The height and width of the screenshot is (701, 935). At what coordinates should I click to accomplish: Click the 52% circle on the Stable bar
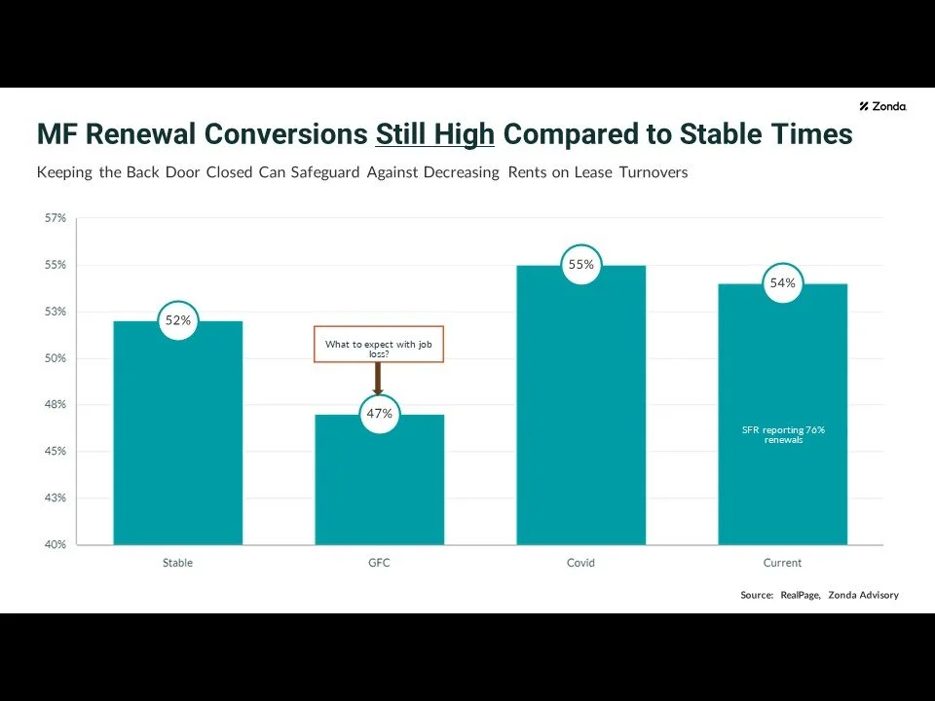point(177,320)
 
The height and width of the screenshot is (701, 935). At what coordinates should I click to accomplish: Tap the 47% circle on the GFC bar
point(379,414)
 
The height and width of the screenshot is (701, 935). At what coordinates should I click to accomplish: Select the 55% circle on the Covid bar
point(581,265)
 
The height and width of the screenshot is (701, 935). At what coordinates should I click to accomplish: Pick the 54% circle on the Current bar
point(782,283)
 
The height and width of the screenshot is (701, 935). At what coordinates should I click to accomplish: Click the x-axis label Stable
point(177,563)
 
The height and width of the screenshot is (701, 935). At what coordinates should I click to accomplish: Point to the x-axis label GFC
point(379,563)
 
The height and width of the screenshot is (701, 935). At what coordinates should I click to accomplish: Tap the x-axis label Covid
point(580,563)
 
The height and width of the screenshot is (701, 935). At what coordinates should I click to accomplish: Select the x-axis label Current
point(782,563)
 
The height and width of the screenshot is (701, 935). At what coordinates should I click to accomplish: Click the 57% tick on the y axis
point(56,218)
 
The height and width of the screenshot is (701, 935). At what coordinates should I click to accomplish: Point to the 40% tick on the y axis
point(56,544)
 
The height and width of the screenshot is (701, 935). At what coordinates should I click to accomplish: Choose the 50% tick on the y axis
point(56,358)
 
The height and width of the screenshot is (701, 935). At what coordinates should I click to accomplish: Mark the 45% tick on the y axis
point(56,451)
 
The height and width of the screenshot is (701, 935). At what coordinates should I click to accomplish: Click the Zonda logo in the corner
point(882,106)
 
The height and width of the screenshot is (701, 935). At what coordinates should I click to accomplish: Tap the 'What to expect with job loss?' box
point(379,345)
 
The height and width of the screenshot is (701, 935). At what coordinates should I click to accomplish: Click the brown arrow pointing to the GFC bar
point(379,378)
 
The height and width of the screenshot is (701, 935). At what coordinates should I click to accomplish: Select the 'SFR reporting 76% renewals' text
point(782,434)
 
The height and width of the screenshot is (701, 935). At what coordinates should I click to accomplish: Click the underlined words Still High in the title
point(435,134)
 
